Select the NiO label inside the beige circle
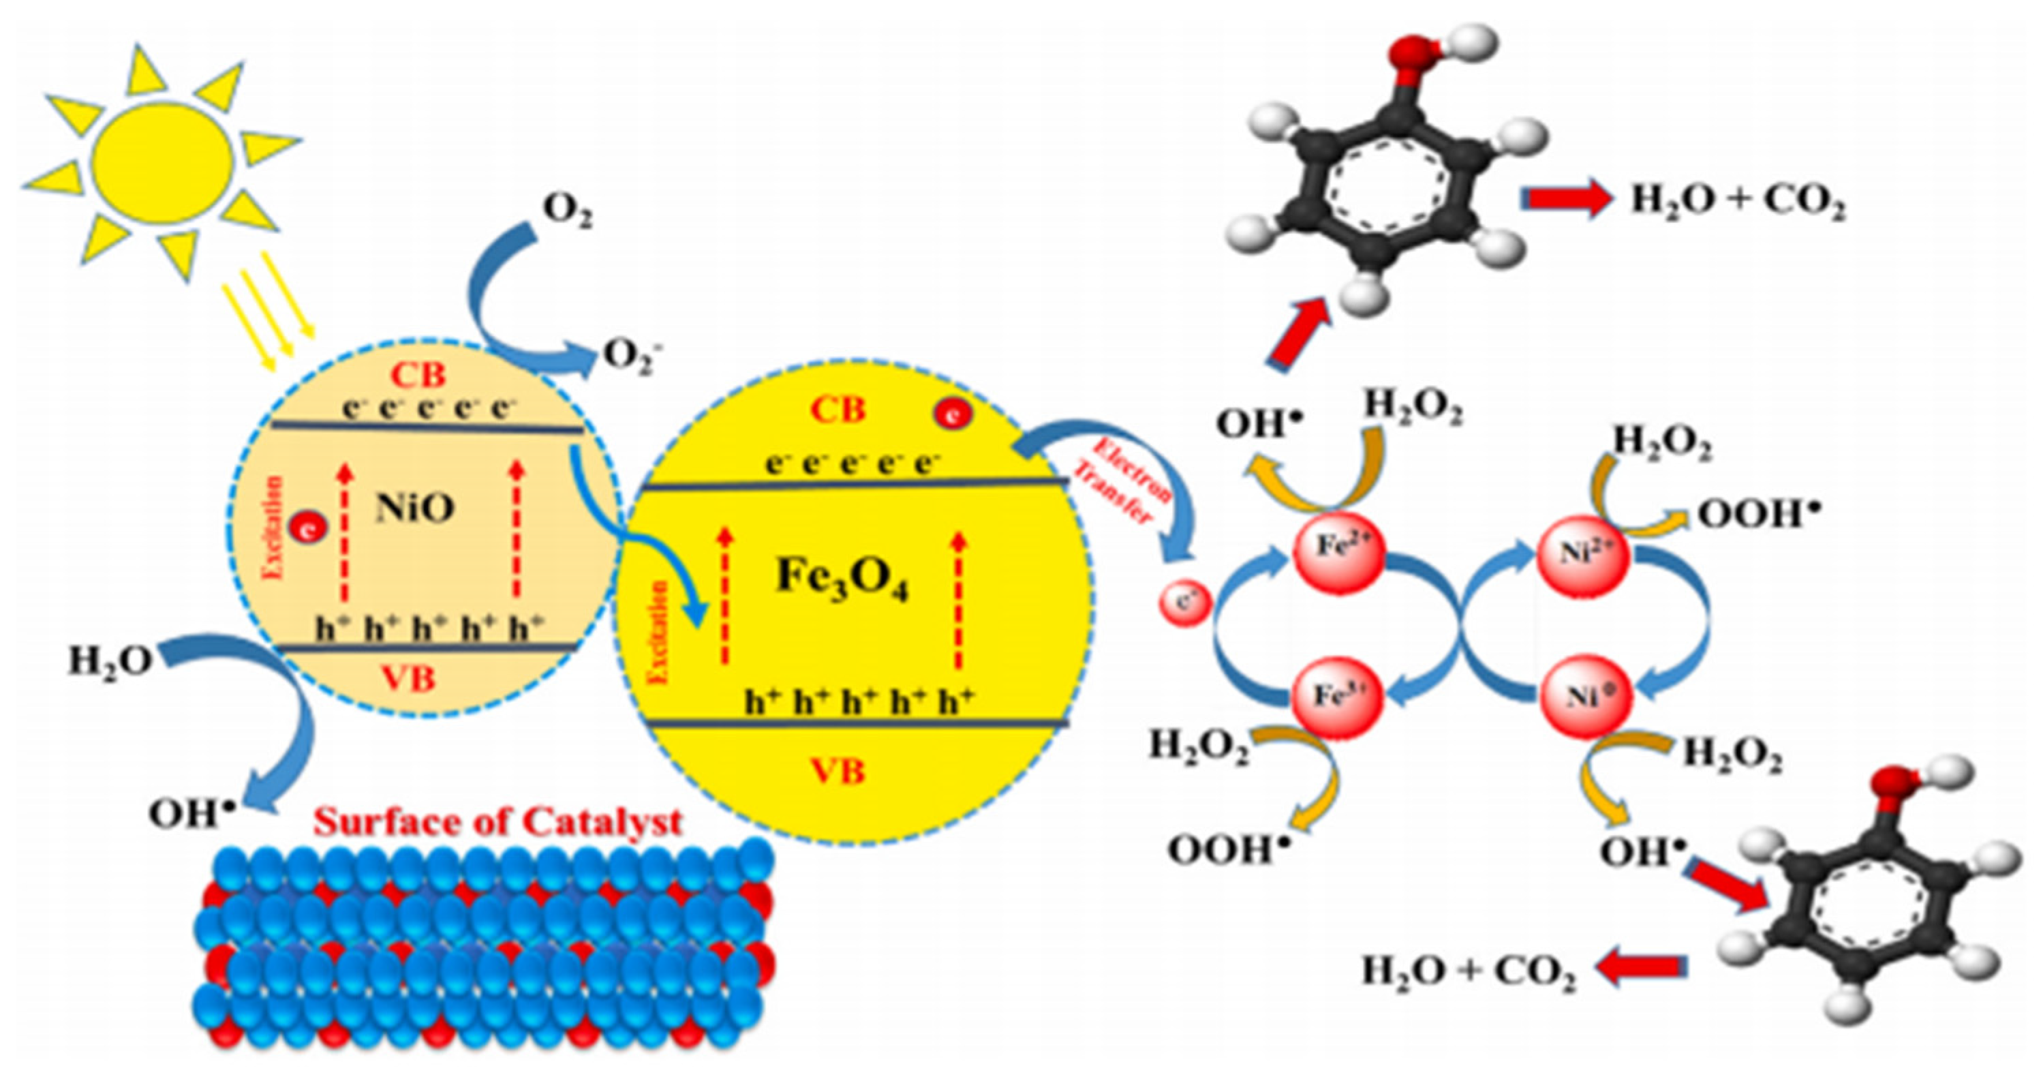pyautogui.click(x=415, y=508)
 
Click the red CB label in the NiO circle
pyautogui.click(x=417, y=376)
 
